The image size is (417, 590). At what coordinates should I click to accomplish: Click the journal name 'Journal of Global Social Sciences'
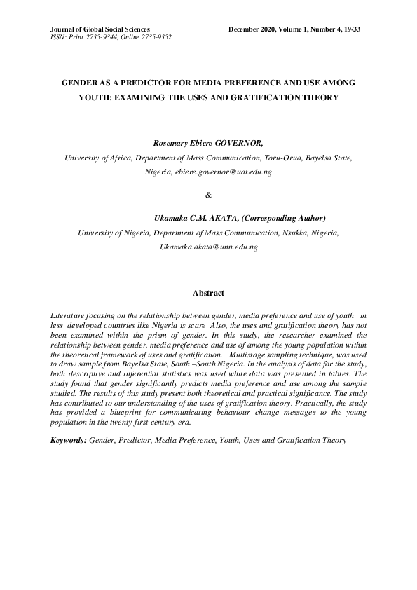pyautogui.click(x=96, y=29)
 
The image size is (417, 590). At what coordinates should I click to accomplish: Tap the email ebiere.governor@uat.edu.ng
pyautogui.click(x=222, y=172)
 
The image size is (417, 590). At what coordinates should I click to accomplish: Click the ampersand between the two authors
pyautogui.click(x=208, y=195)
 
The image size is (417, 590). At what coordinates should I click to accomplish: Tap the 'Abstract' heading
pyautogui.click(x=208, y=293)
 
